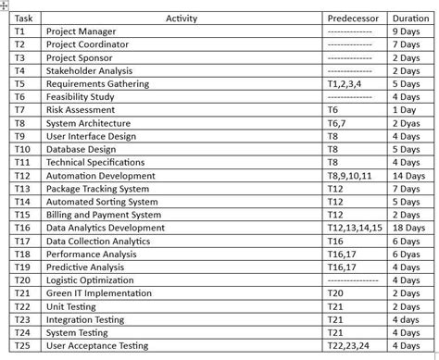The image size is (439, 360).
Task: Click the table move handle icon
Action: (4, 4)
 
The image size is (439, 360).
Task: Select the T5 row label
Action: (21, 83)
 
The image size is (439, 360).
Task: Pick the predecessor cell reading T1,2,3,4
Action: (349, 83)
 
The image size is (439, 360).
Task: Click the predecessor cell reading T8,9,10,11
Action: (354, 175)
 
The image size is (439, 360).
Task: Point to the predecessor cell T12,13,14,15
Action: (358, 228)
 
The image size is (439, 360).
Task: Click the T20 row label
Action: (23, 279)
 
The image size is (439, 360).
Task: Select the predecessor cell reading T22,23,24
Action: (353, 346)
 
